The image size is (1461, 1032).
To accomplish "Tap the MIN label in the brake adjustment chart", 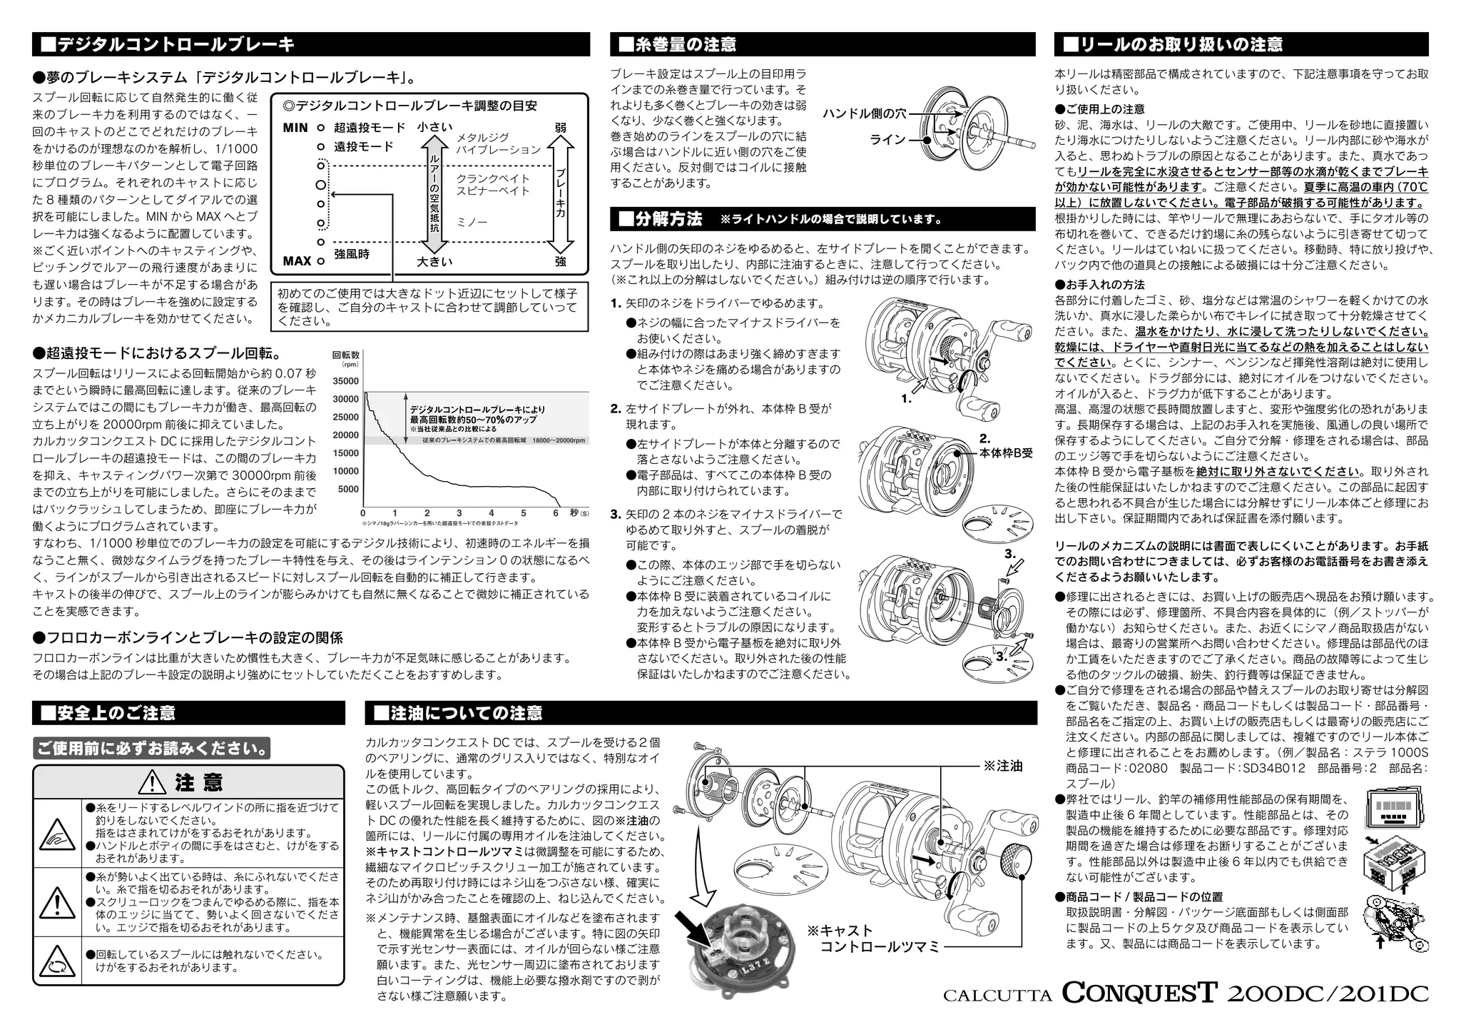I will [295, 128].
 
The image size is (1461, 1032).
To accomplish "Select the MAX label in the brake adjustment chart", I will [297, 260].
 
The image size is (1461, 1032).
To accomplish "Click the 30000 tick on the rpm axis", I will [346, 399].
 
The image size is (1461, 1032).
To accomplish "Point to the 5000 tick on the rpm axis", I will [348, 489].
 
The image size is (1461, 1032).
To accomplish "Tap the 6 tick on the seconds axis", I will [555, 513].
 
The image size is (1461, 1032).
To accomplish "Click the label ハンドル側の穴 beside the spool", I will [864, 113].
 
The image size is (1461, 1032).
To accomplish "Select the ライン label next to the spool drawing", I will [887, 139].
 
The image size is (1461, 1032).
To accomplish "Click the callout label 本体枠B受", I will [1006, 453].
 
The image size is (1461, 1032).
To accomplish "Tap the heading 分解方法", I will [667, 219].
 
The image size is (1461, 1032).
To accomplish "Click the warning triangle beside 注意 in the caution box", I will [153, 783].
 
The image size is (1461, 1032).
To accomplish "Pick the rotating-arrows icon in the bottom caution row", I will [54, 963].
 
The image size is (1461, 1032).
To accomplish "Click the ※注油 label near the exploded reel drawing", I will [1003, 766].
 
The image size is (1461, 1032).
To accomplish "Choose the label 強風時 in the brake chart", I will [352, 254].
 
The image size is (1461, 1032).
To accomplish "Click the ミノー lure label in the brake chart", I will [472, 223].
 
